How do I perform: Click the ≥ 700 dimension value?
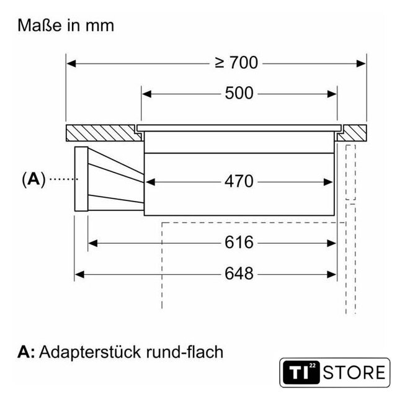[x=236, y=63]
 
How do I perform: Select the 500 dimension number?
[x=239, y=93]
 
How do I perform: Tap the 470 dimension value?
[x=239, y=181]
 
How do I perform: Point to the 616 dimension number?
[x=239, y=243]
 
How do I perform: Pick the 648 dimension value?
[x=239, y=274]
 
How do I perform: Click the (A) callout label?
[x=33, y=179]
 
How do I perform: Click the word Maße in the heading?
[x=40, y=25]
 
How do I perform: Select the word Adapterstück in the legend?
[x=89, y=352]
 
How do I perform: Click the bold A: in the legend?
[x=26, y=352]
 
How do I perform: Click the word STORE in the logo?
[x=354, y=372]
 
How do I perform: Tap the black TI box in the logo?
[x=301, y=372]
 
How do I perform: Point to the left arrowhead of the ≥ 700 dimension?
[x=71, y=63]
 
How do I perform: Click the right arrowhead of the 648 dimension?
[x=331, y=274]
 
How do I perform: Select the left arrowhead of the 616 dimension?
[x=92, y=243]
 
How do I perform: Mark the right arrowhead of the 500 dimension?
[x=332, y=94]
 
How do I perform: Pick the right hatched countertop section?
[x=352, y=133]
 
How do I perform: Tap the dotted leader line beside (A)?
[x=64, y=179]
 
